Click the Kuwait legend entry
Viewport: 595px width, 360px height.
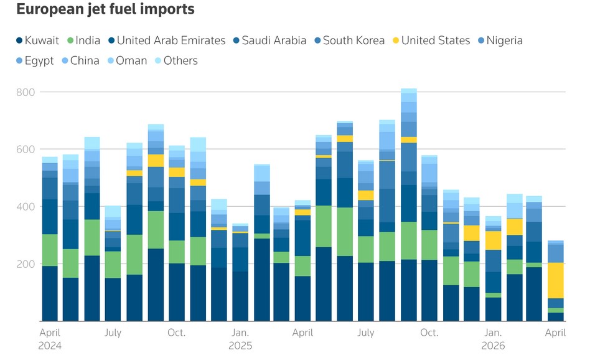37,40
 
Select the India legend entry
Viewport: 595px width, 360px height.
83,40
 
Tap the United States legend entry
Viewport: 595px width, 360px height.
430,40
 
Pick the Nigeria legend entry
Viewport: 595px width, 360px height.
498,40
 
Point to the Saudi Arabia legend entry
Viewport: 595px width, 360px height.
268,40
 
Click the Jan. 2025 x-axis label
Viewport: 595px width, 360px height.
240,338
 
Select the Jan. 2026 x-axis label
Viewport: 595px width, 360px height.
494,338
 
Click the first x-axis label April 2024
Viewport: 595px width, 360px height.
50,338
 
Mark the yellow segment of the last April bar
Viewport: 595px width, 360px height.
556,280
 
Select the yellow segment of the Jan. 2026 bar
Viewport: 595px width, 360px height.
494,240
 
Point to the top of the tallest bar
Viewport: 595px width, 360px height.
408,90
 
